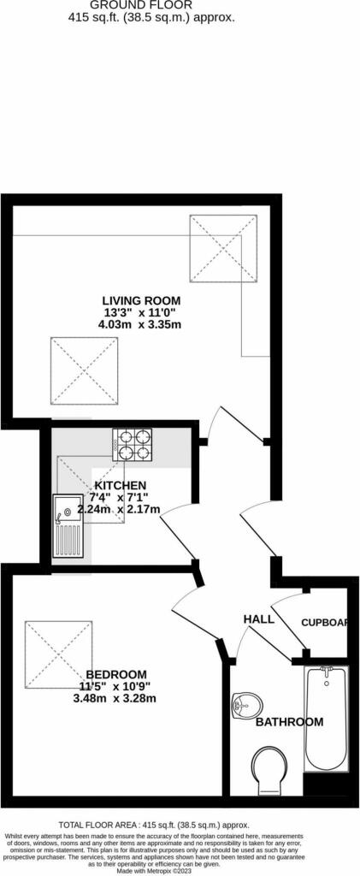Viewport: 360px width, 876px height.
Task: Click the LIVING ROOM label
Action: [141, 300]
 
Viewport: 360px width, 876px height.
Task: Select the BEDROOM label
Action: [115, 674]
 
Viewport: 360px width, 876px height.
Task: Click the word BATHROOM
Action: [289, 722]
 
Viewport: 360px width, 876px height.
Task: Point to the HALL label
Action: [259, 619]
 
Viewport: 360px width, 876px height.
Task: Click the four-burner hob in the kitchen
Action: [132, 445]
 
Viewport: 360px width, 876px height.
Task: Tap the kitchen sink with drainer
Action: [68, 526]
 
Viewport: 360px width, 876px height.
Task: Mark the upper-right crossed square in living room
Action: [223, 249]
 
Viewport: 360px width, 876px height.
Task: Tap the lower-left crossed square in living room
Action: [84, 372]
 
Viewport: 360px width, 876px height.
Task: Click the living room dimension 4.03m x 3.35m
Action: [141, 324]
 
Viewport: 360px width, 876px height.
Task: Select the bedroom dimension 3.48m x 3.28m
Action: [115, 698]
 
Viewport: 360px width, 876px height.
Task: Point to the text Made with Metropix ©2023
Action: [180, 870]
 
